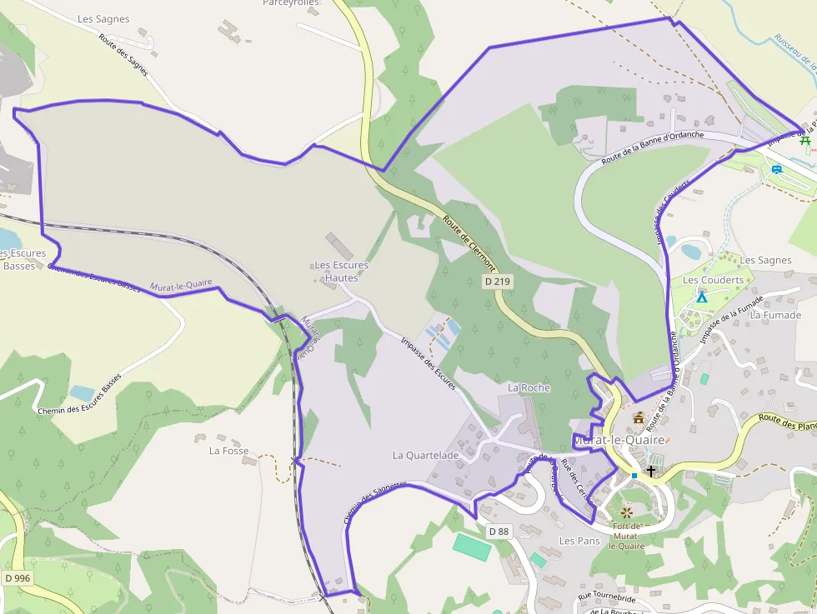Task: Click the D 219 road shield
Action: (497, 282)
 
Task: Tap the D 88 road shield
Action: (499, 532)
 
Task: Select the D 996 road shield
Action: (18, 578)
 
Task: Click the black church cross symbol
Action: (651, 471)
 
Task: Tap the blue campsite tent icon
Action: (702, 297)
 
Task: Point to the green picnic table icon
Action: (805, 141)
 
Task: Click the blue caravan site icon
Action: (777, 169)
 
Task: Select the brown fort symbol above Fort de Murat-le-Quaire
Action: (627, 510)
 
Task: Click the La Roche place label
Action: (529, 388)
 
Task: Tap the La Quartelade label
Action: (425, 456)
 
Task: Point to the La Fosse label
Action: (228, 451)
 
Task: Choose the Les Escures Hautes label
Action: (341, 272)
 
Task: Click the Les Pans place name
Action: (579, 541)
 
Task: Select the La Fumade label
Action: (775, 315)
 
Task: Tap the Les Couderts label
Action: (713, 280)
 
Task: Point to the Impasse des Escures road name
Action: (429, 363)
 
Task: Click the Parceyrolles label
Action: (291, 3)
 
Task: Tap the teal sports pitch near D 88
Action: (472, 547)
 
